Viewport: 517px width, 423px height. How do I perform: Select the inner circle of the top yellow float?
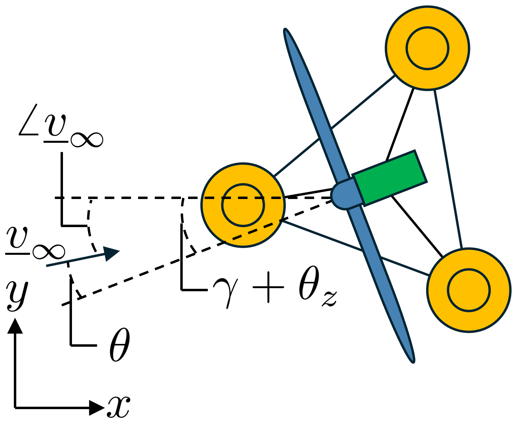(x=427, y=48)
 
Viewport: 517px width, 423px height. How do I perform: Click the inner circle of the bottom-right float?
(x=469, y=290)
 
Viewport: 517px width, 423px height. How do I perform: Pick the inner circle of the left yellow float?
(x=243, y=205)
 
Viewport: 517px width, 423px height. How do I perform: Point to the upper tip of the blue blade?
(x=284, y=29)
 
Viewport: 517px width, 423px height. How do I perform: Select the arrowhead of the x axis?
(x=97, y=408)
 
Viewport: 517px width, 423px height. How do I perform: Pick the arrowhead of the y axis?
(x=15, y=326)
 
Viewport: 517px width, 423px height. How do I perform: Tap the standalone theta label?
(x=120, y=345)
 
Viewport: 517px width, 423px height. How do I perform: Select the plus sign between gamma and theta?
(x=269, y=287)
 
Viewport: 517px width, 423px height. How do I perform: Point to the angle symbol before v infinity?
(x=29, y=120)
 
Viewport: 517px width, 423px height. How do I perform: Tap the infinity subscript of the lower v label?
(x=49, y=251)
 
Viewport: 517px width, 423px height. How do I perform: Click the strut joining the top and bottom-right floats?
(x=448, y=169)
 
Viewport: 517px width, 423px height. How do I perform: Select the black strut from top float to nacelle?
(x=400, y=124)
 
